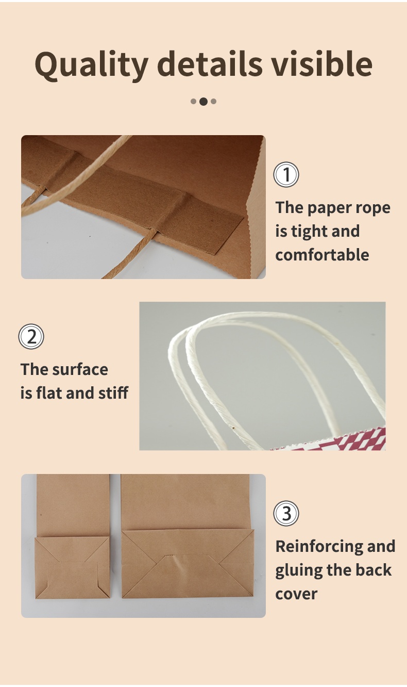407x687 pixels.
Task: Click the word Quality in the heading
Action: click(x=92, y=66)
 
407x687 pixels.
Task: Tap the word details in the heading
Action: click(x=210, y=63)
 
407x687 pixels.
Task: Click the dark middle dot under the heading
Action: click(x=203, y=102)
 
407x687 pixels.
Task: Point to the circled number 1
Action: click(x=286, y=174)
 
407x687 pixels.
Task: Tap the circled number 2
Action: click(x=31, y=336)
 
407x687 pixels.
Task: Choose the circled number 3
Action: click(x=286, y=513)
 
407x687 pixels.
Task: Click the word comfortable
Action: click(x=322, y=255)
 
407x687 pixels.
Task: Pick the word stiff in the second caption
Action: click(x=113, y=392)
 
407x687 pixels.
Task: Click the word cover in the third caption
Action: click(x=296, y=594)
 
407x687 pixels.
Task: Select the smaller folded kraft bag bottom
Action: click(x=72, y=567)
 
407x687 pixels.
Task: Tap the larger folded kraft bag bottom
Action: click(x=188, y=563)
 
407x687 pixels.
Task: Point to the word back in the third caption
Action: click(x=374, y=570)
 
